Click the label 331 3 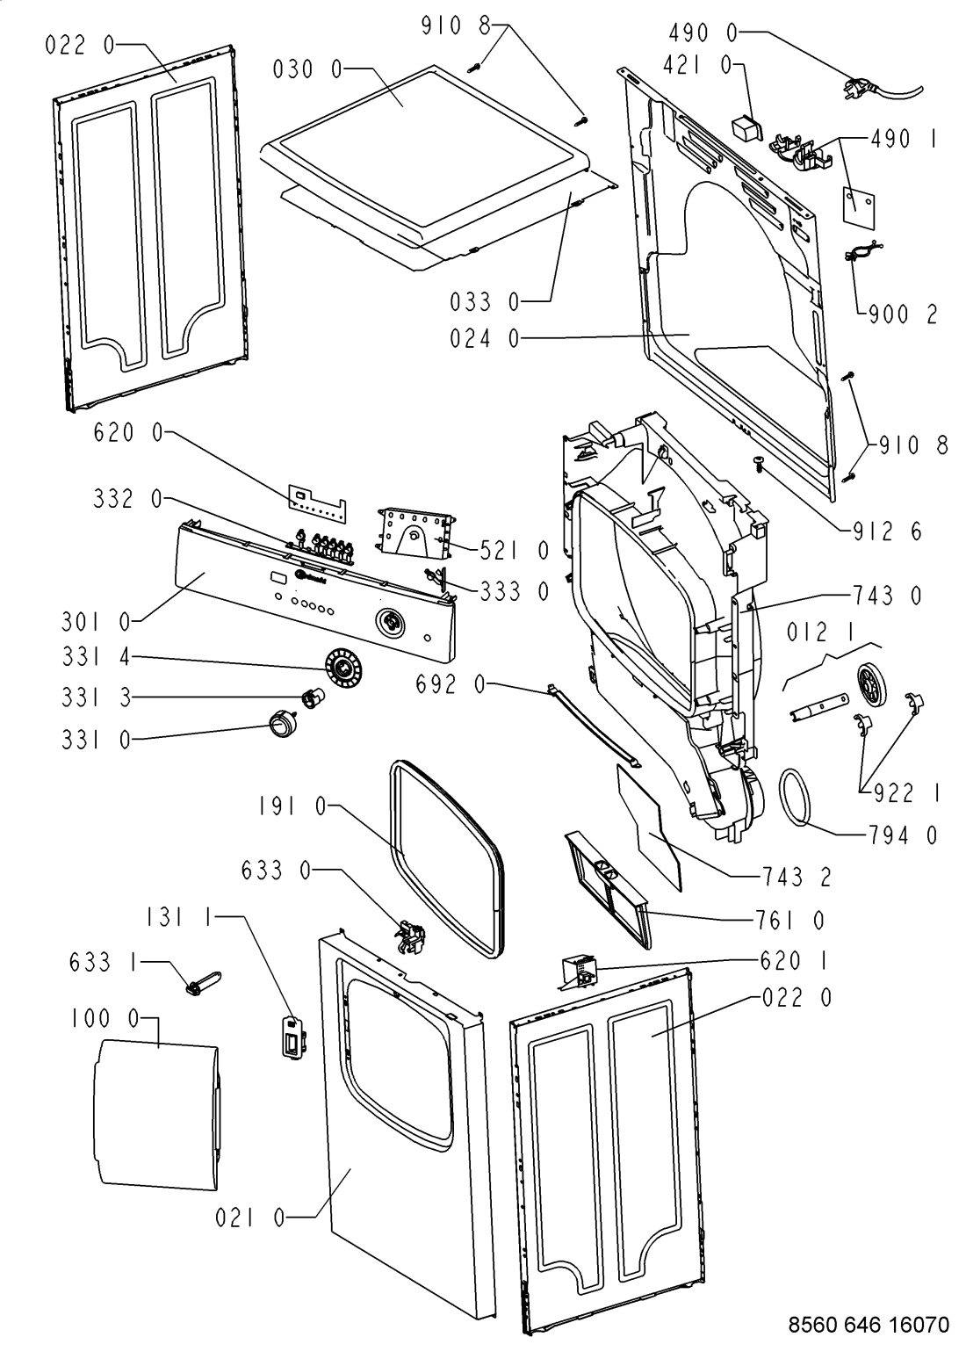click(97, 698)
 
